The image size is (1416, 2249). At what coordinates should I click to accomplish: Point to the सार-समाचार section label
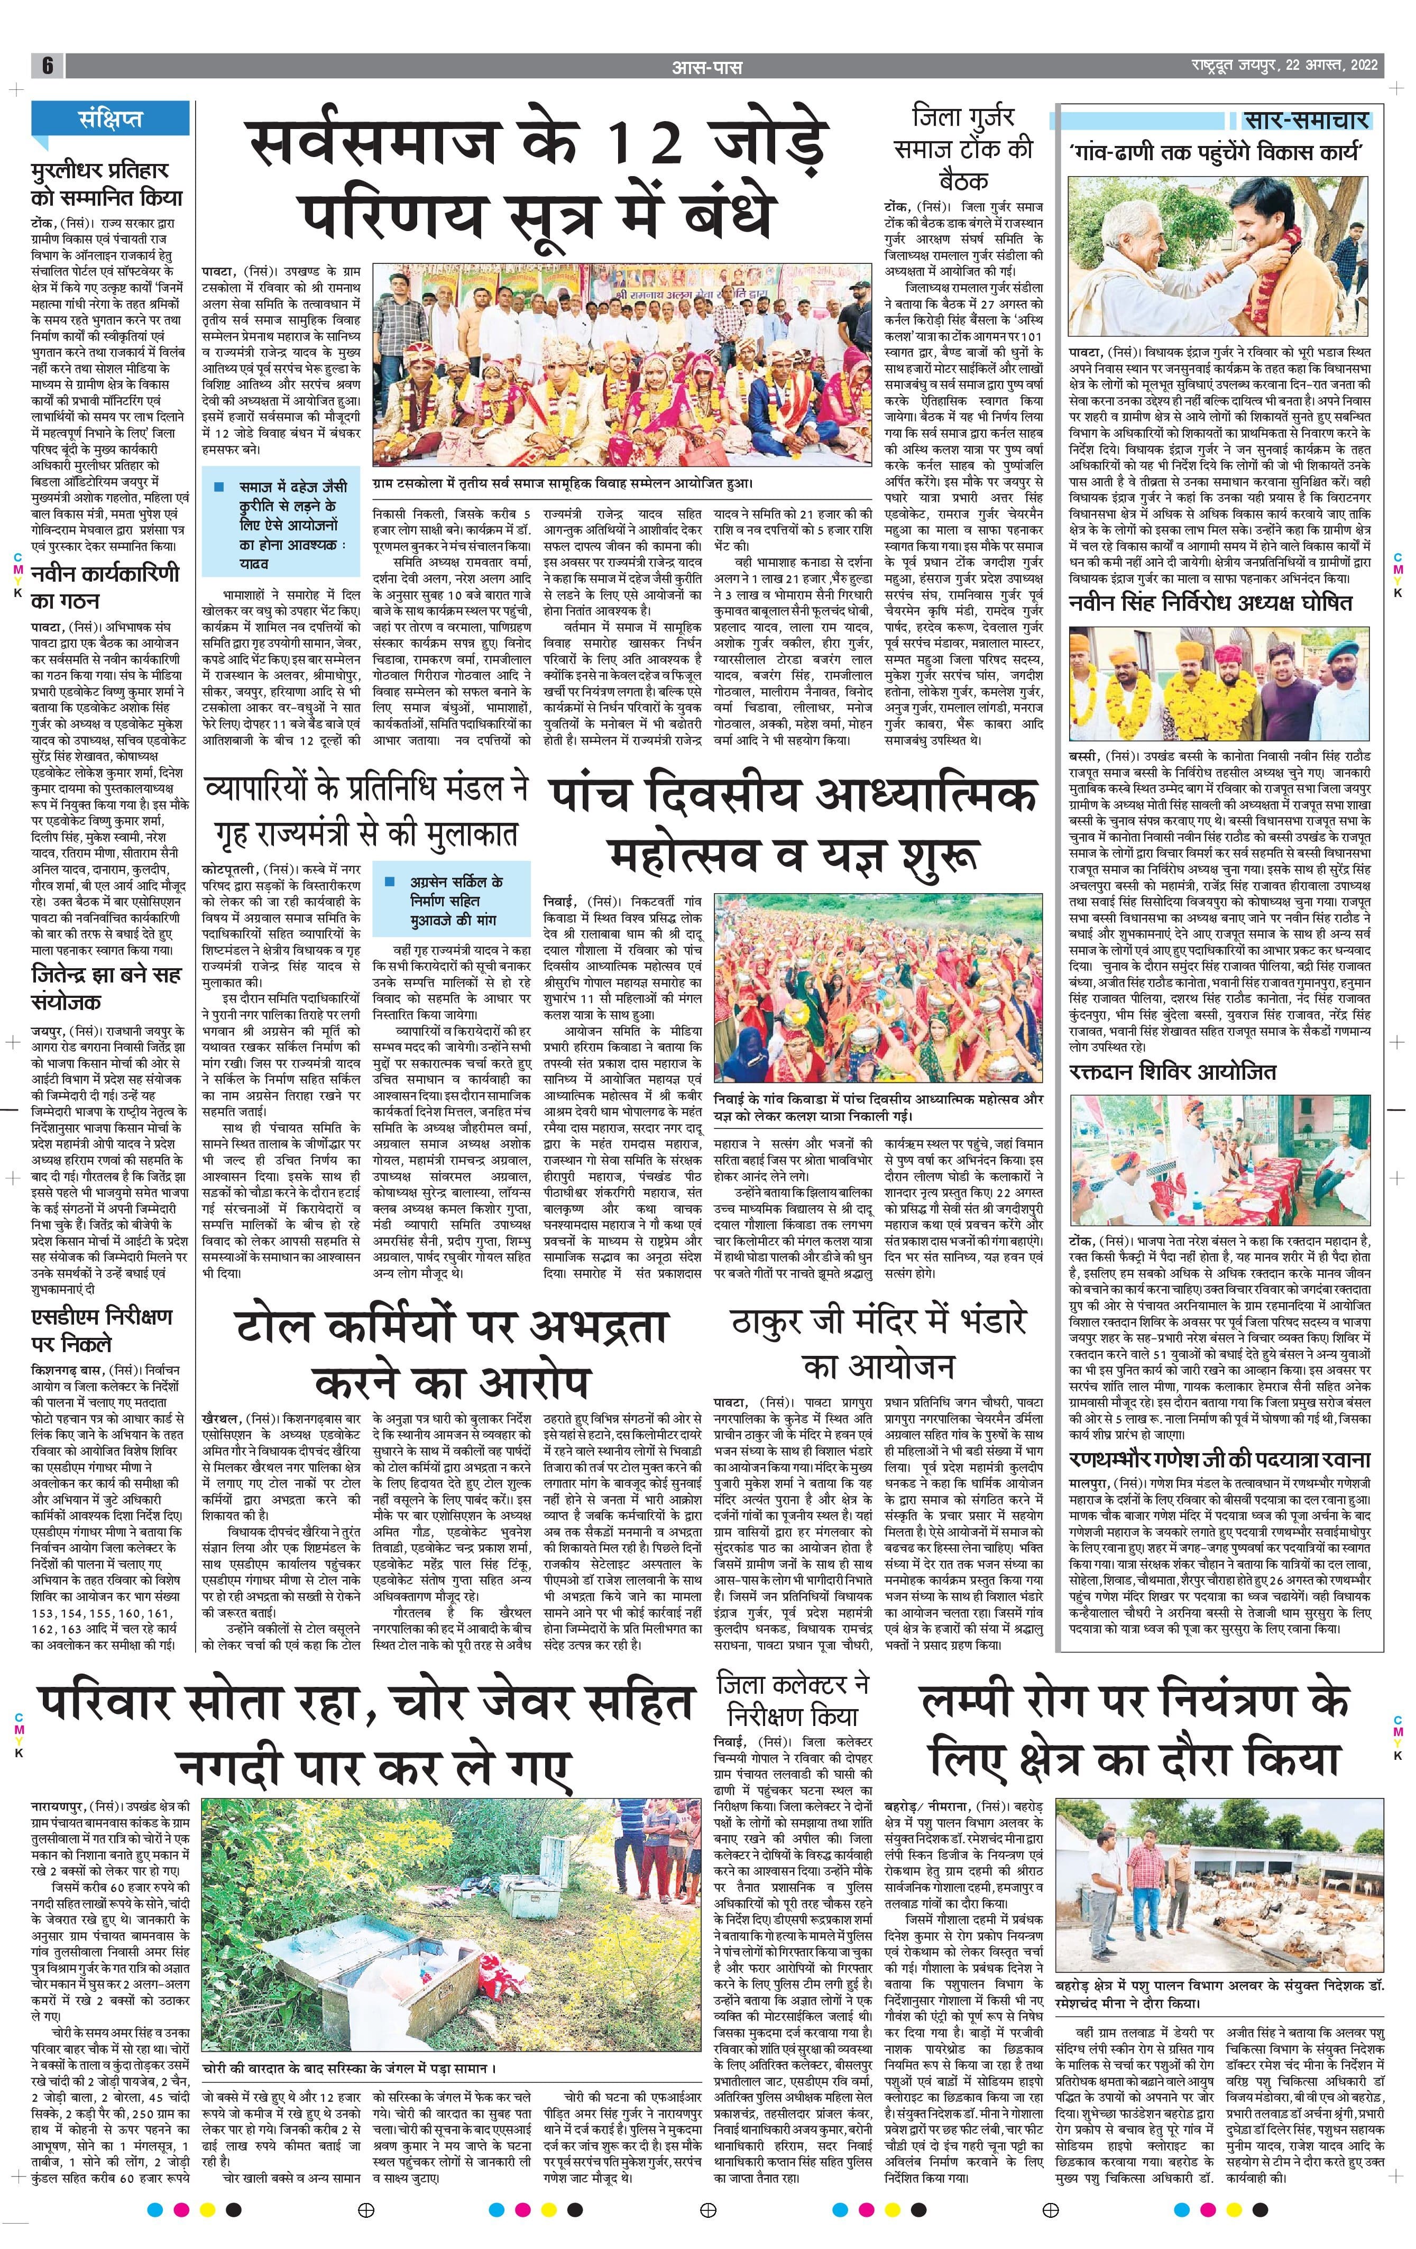1306,121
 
